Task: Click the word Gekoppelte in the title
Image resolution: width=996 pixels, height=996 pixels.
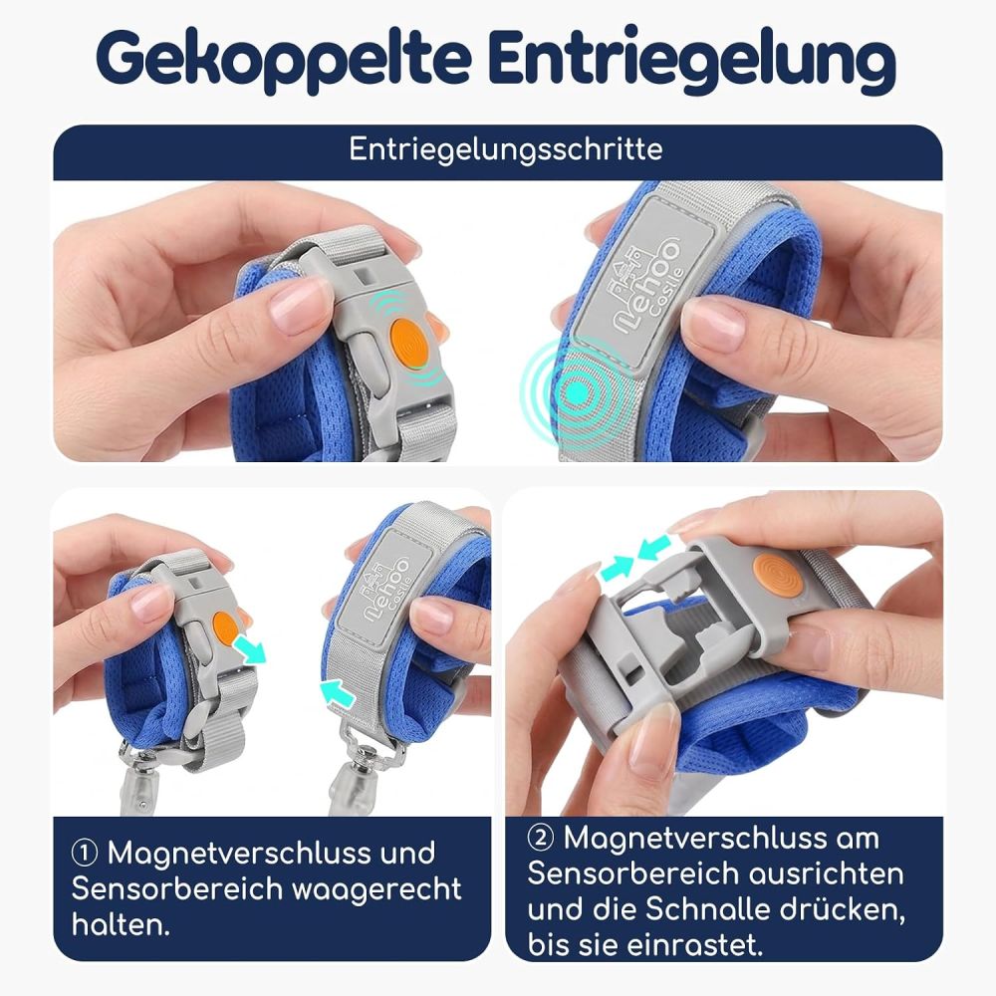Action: point(285,60)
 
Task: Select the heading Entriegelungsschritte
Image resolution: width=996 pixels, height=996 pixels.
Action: point(506,150)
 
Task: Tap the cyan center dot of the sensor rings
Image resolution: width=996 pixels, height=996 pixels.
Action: point(577,393)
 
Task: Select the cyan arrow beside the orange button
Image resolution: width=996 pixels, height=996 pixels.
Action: point(249,649)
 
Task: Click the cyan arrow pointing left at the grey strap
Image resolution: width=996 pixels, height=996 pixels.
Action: point(337,692)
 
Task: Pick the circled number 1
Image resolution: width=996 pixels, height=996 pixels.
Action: point(85,854)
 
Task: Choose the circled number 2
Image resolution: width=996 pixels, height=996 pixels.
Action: point(540,838)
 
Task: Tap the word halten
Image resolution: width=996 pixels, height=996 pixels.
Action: point(121,924)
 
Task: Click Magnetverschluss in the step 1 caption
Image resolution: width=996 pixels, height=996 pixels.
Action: point(271,854)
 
